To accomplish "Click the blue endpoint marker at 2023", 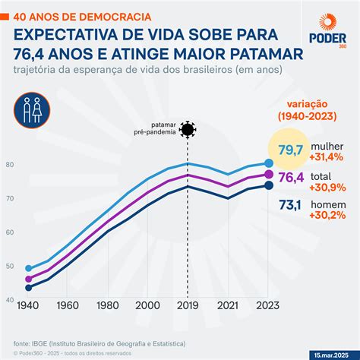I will coord(269,163).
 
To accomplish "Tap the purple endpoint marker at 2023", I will coord(269,175).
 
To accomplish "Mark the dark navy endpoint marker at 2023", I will coord(269,185).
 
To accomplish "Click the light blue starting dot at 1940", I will coord(30,268).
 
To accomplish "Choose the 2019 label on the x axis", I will coord(188,306).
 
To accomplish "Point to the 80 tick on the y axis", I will coord(10,165).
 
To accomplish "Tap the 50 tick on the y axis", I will coord(10,266).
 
